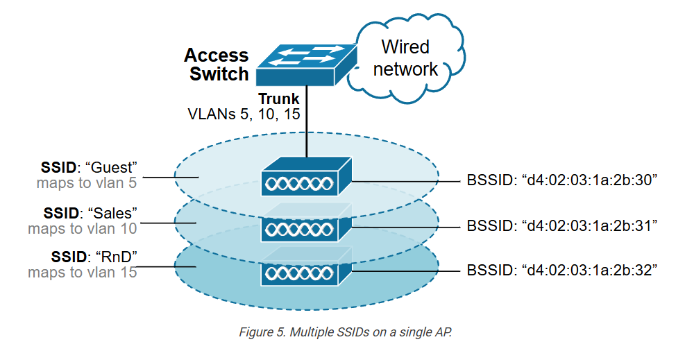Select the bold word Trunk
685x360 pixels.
click(279, 99)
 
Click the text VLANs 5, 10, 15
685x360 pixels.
click(244, 114)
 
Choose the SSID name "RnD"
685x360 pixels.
click(114, 256)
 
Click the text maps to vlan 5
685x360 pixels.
click(87, 184)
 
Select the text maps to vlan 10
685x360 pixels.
click(83, 228)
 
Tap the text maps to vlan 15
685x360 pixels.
click(82, 272)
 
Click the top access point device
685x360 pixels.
click(306, 176)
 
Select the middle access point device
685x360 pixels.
click(306, 223)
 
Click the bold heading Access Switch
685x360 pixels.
click(217, 65)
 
